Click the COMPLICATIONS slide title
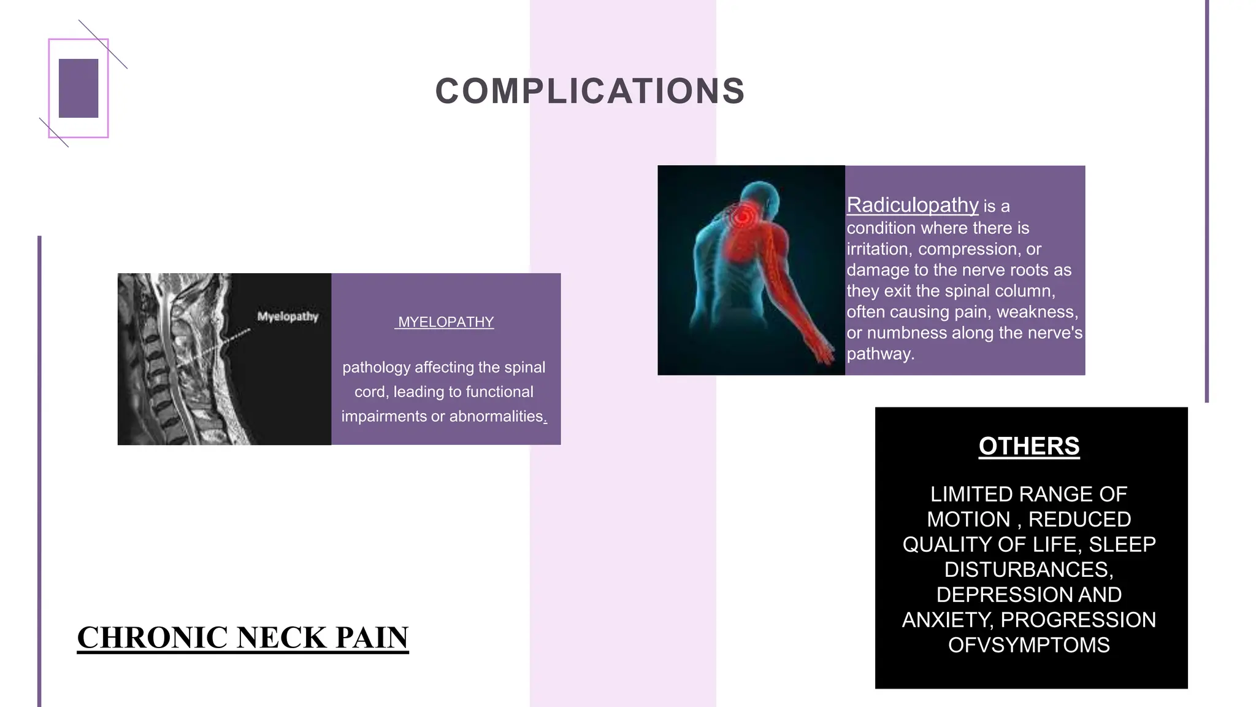(x=590, y=91)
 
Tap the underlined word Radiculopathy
(x=912, y=205)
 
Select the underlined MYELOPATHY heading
(x=445, y=322)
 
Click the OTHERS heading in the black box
(x=1028, y=446)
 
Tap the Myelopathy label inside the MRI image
(x=288, y=317)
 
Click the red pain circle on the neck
(x=743, y=217)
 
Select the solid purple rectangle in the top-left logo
(x=78, y=88)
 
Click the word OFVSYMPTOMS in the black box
(x=1028, y=645)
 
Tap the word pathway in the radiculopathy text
(x=879, y=354)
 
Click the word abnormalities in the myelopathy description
(x=496, y=417)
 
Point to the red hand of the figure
(x=825, y=355)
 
